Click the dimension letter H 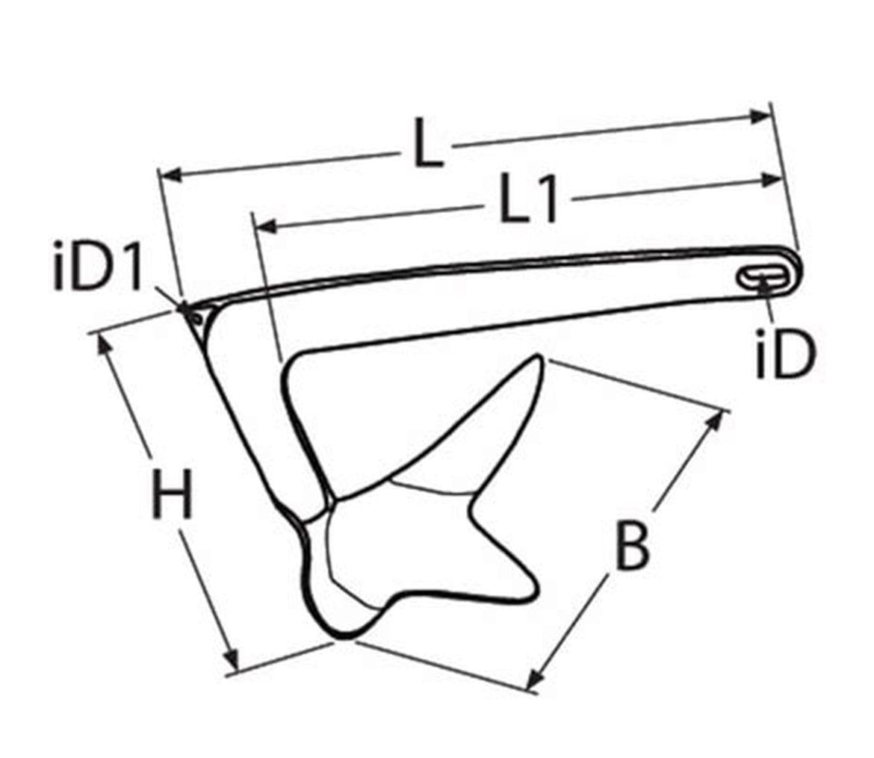[172, 494]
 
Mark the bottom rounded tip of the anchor [341, 636]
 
